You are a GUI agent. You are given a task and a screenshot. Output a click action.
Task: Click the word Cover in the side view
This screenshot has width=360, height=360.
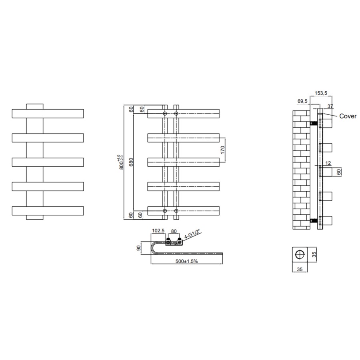(348, 116)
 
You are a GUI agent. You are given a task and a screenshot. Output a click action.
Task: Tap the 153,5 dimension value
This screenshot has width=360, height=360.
(321, 93)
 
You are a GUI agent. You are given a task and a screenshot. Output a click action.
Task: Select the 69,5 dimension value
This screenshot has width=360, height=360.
(302, 102)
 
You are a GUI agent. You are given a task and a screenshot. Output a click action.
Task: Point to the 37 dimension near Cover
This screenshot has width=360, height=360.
(330, 106)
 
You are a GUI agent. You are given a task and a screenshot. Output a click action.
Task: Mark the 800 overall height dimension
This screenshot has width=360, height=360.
(121, 162)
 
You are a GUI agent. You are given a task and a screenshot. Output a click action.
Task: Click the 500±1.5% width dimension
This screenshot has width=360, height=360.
(186, 261)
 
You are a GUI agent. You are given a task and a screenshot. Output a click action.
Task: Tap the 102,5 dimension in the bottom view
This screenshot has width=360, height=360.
(158, 231)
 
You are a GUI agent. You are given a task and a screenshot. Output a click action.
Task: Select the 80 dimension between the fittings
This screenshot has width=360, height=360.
(174, 231)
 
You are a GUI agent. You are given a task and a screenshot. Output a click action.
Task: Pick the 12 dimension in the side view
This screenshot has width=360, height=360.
(328, 163)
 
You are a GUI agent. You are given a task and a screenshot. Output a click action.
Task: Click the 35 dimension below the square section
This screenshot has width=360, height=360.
(299, 269)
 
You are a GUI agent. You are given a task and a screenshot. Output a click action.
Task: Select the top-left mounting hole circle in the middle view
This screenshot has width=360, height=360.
(165, 114)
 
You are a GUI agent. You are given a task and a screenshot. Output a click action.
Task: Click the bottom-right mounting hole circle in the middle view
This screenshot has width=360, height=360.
(176, 210)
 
